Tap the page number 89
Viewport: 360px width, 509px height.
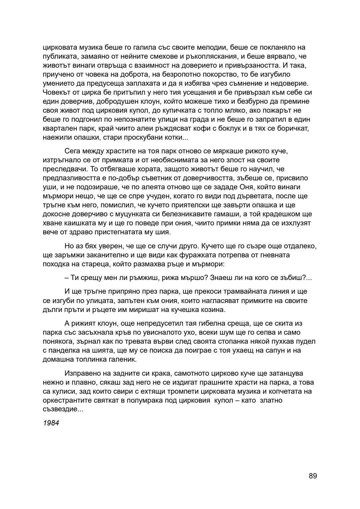(x=313, y=476)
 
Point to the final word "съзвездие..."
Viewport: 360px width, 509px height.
(x=63, y=409)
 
